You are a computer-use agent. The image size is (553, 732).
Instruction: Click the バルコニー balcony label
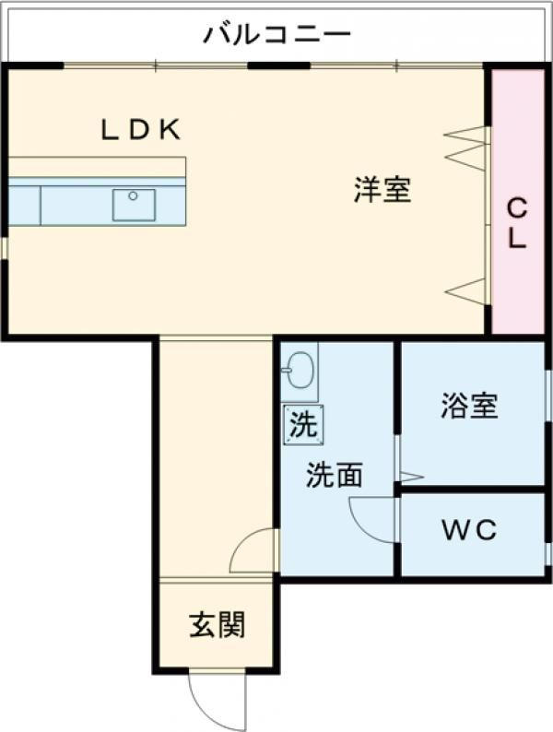click(277, 36)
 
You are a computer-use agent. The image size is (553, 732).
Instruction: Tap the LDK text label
click(140, 130)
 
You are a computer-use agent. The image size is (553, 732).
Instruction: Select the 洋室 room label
click(382, 190)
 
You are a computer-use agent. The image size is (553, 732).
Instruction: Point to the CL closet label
click(517, 224)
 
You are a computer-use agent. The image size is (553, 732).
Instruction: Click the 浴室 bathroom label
click(469, 406)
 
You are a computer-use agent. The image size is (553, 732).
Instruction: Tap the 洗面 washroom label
click(334, 475)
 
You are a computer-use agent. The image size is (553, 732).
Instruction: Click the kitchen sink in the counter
click(134, 204)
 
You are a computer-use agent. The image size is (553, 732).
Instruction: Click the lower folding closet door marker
click(465, 290)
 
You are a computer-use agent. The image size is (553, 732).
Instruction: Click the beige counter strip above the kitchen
click(97, 167)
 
